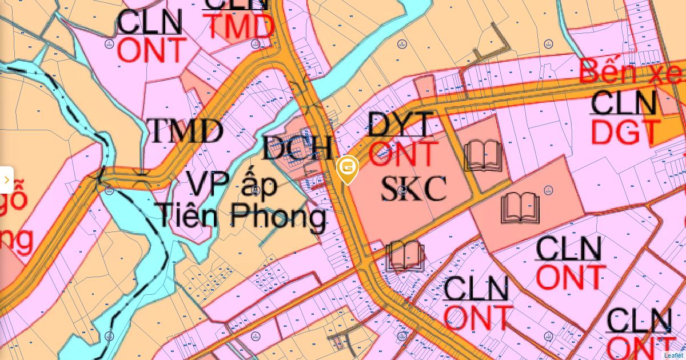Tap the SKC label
413,188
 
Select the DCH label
297,149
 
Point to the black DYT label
401,125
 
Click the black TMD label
185,131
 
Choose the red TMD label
240,27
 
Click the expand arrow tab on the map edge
6,180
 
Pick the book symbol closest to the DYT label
484,155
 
